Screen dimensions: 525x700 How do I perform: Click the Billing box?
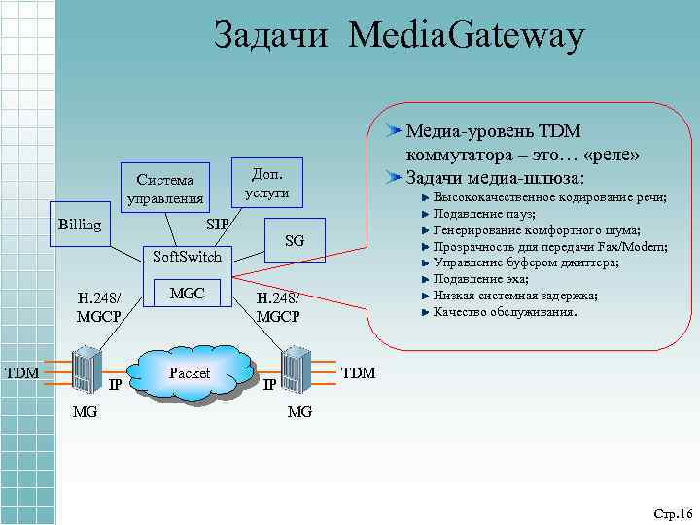(x=79, y=225)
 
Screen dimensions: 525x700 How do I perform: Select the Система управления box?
(x=164, y=190)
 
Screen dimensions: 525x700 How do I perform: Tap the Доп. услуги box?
(x=266, y=182)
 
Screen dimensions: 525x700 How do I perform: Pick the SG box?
(x=295, y=240)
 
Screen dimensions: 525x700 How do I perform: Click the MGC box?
(x=187, y=294)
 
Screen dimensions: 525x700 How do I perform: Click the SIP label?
(x=218, y=225)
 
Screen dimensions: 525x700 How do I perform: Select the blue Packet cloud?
(x=189, y=373)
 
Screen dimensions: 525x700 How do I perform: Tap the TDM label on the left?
(x=21, y=372)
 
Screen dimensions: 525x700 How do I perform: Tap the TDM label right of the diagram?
(x=358, y=373)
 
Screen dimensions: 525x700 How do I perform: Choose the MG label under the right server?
(x=299, y=412)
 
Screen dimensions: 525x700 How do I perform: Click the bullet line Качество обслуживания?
(x=505, y=312)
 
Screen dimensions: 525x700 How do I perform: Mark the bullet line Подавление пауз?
(x=484, y=213)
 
